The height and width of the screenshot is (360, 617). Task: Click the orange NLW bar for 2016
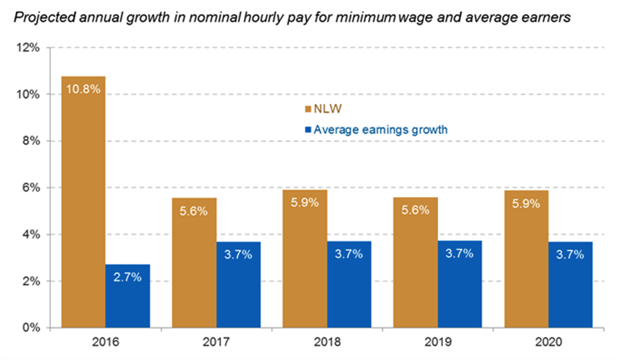[83, 208]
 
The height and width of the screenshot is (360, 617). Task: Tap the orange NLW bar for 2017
[194, 264]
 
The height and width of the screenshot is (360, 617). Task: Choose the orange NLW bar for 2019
[415, 264]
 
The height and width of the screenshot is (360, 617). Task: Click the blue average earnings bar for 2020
[571, 284]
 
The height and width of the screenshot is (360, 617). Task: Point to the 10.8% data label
[84, 89]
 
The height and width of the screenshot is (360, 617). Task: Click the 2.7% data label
[128, 276]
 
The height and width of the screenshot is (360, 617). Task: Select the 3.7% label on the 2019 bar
[460, 253]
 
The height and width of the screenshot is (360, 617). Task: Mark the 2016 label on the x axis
[105, 342]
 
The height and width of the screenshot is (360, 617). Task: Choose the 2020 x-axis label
[548, 342]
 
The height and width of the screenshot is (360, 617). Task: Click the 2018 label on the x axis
[327, 342]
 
